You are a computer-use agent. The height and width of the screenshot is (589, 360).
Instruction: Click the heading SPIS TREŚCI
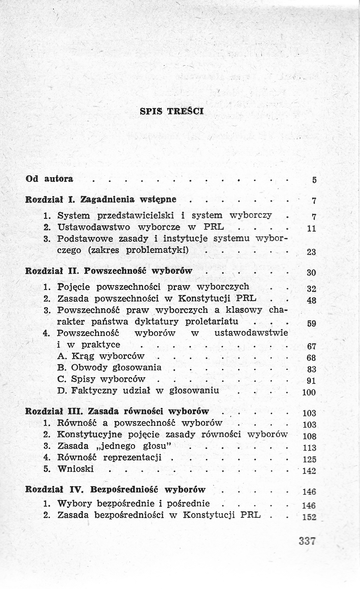click(x=172, y=111)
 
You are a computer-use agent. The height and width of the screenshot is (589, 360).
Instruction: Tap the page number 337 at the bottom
click(x=307, y=541)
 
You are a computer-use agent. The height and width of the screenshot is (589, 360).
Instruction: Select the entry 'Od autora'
click(x=50, y=179)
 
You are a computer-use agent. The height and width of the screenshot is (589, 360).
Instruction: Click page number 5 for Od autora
click(x=314, y=180)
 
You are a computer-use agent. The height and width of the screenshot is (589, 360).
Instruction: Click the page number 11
click(x=311, y=228)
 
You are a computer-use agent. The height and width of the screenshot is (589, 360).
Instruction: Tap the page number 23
click(x=311, y=252)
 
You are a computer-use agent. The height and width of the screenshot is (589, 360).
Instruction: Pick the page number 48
click(x=311, y=300)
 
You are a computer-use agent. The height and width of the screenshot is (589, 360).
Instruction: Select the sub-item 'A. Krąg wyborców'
click(x=101, y=356)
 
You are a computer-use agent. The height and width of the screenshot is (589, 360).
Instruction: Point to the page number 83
click(x=311, y=369)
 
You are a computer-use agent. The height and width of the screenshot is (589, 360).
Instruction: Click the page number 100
click(x=309, y=392)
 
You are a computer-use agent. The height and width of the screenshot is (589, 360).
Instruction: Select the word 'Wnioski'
click(x=75, y=469)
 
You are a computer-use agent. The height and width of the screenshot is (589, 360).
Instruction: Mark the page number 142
click(x=309, y=471)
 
